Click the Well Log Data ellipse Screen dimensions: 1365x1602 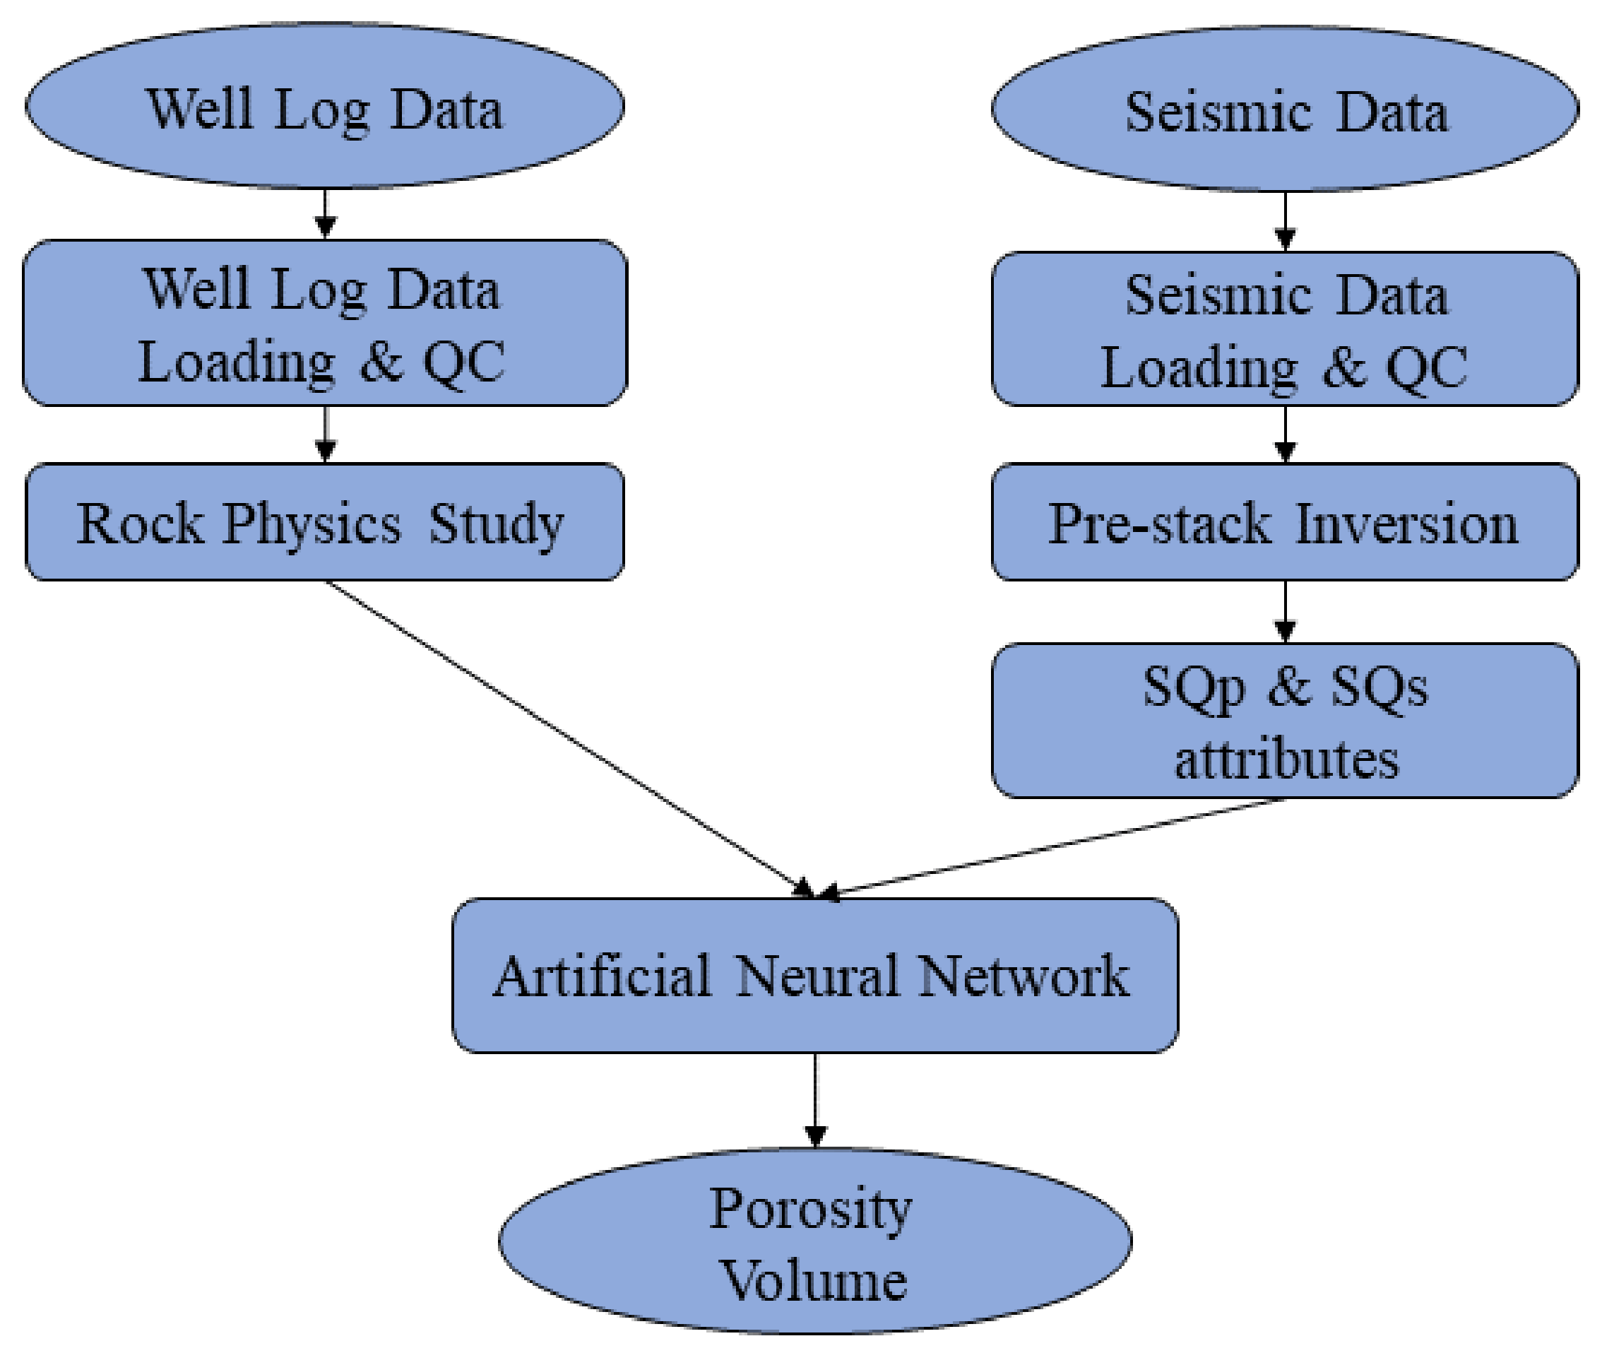click(x=325, y=106)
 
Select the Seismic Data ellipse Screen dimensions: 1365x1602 click(x=1284, y=109)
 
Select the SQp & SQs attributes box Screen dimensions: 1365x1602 click(x=1284, y=720)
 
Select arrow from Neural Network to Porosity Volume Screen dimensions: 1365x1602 click(x=815, y=1099)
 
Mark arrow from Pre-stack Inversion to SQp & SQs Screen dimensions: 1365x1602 click(x=1284, y=611)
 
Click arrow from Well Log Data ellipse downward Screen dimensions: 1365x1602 click(x=325, y=213)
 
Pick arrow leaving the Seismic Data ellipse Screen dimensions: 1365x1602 click(x=1284, y=220)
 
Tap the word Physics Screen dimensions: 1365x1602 click(x=312, y=524)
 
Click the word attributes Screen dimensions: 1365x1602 click(x=1286, y=760)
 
